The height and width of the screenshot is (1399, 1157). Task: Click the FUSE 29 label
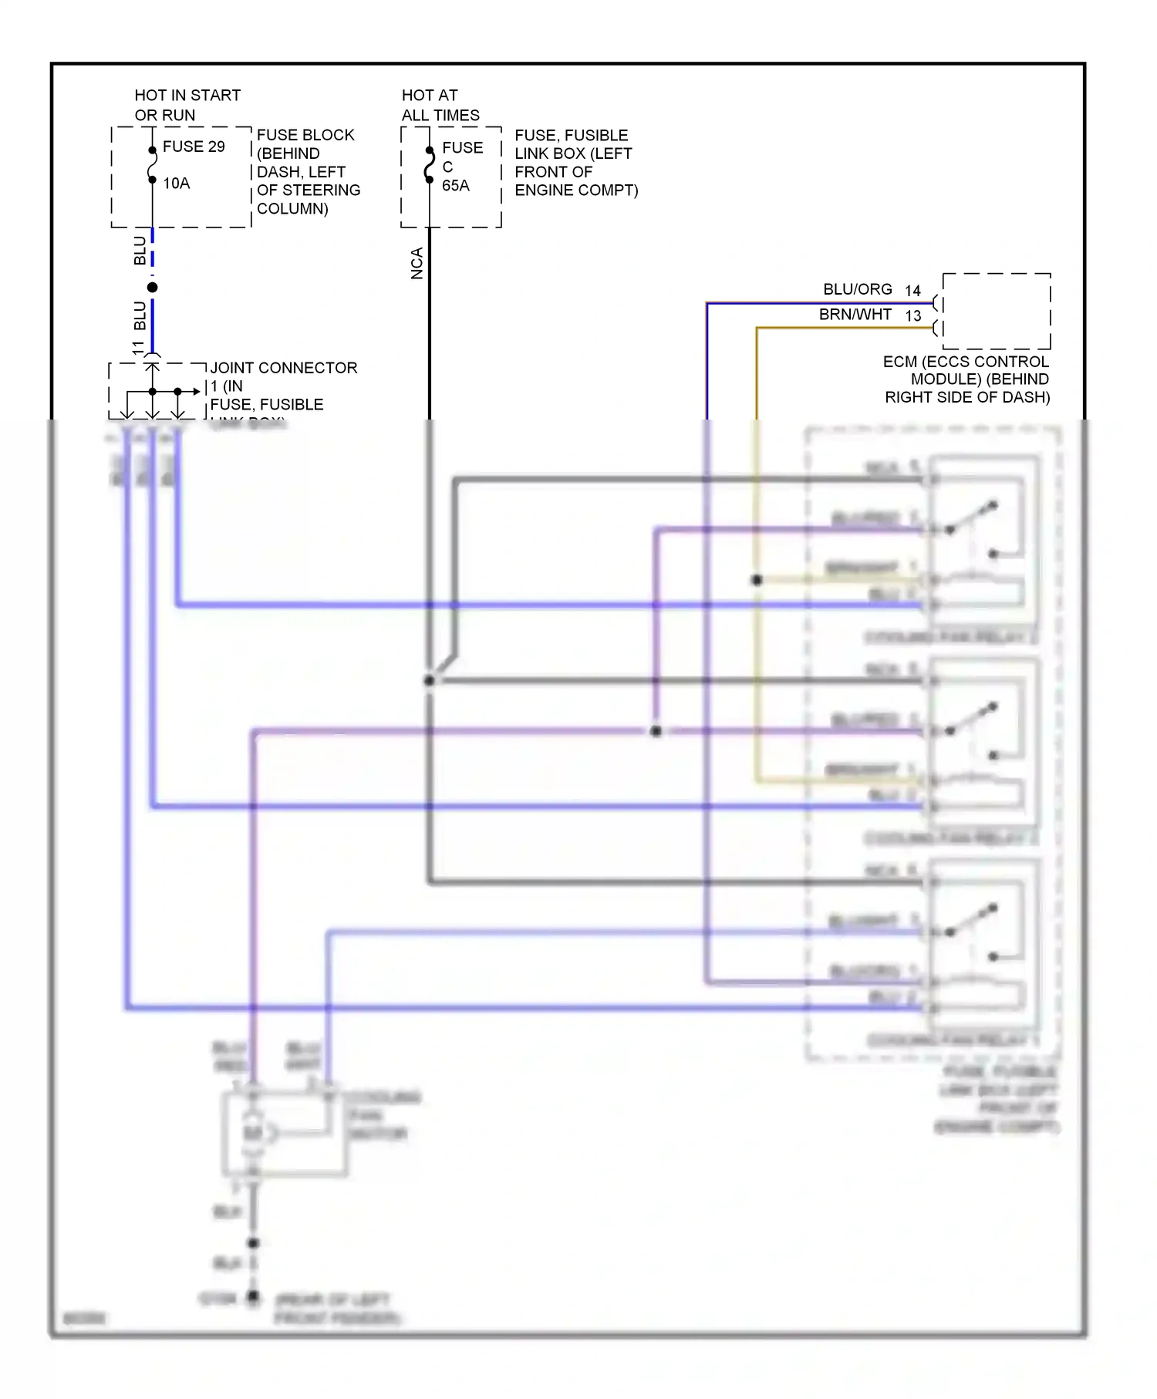pos(194,147)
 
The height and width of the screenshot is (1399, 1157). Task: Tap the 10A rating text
pos(176,184)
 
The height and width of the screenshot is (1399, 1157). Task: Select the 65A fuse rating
pos(455,186)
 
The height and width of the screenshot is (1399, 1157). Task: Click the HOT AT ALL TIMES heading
pos(440,106)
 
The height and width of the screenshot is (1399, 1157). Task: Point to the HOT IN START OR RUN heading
pos(187,106)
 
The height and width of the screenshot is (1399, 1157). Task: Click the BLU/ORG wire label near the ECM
pos(857,289)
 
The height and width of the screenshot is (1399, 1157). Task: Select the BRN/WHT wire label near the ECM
pos(855,315)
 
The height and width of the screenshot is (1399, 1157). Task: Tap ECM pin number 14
pos(912,291)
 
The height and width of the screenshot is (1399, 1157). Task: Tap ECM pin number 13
pos(912,316)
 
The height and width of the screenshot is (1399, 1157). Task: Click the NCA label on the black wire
pos(417,263)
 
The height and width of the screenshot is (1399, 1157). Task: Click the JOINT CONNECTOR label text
pos(283,368)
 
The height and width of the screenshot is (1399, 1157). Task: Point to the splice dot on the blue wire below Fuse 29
pos(153,288)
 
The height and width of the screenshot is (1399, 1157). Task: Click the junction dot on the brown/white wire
pos(757,580)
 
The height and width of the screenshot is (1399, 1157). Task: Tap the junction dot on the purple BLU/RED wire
pos(656,731)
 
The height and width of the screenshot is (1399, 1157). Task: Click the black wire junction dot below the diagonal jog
pos(429,681)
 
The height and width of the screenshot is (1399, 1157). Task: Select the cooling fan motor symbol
pos(253,1133)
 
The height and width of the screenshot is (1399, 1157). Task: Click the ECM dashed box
pos(996,311)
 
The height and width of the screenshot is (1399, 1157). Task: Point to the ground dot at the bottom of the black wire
pos(253,1298)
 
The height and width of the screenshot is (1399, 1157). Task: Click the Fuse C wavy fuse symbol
pos(430,167)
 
